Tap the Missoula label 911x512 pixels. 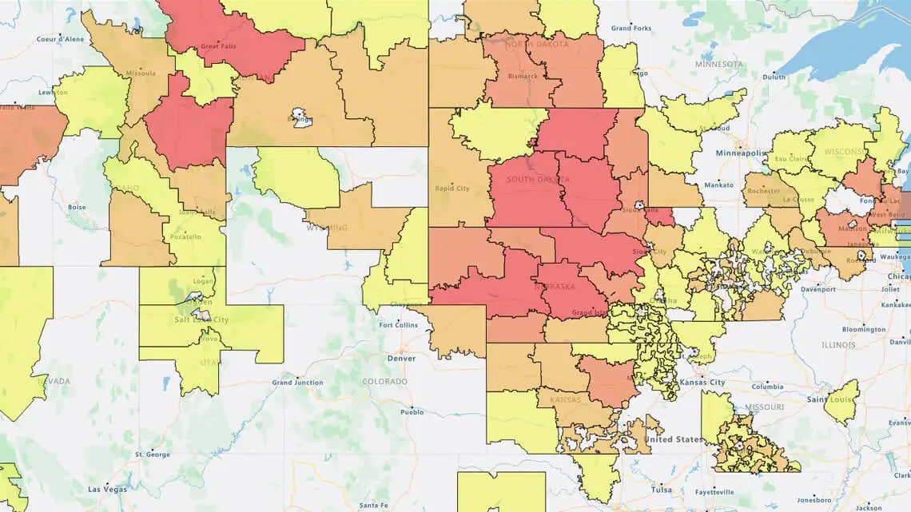coord(140,73)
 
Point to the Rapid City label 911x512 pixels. coord(452,189)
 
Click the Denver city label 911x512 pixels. coord(400,359)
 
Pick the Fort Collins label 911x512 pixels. coord(397,325)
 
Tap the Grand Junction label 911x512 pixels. coord(297,383)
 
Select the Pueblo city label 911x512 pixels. coord(412,412)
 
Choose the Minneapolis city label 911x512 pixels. coord(741,153)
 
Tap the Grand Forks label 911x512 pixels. coord(631,28)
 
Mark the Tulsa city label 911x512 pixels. coord(662,489)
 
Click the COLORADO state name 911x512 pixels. coord(384,382)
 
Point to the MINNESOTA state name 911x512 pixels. coord(719,63)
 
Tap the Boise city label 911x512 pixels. coord(77,207)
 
